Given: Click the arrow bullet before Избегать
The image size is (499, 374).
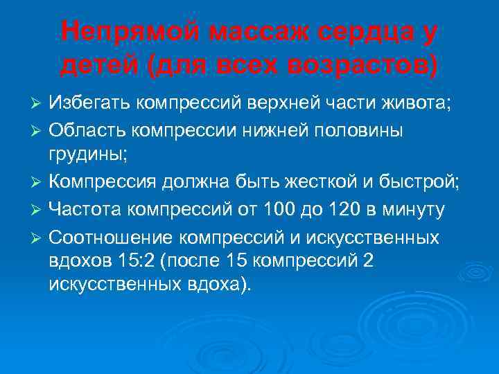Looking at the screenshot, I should pos(39,103).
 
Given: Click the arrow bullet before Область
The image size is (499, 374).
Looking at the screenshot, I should pos(39,132).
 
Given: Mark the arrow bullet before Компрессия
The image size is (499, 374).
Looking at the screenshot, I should pos(39,181).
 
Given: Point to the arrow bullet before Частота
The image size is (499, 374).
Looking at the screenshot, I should pos(39,210).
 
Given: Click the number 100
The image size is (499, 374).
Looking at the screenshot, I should pos(286,209).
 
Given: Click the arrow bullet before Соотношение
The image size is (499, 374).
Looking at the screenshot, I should pos(39,238).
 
